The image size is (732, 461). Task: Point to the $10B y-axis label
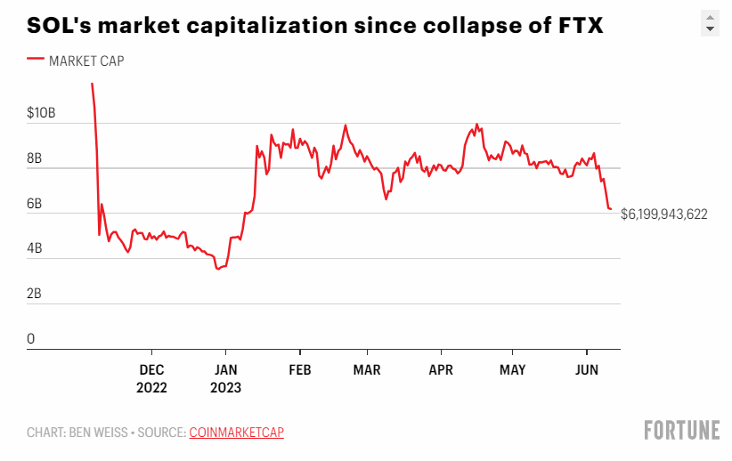(41, 114)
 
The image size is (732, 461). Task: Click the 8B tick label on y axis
(36, 159)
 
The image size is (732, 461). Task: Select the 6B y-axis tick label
(36, 205)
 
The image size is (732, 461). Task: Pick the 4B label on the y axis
(36, 249)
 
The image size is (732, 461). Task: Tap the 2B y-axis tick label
(36, 295)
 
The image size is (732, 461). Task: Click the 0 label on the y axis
(31, 339)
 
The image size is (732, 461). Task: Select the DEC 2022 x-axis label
(151, 378)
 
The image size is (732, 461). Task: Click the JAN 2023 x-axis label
(225, 378)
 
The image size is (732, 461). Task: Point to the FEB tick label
(300, 368)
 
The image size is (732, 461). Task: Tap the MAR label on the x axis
(367, 368)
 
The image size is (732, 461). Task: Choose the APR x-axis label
(441, 368)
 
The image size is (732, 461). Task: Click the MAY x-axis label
(512, 368)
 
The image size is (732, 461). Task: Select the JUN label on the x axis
(586, 368)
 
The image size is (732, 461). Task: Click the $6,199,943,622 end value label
(664, 214)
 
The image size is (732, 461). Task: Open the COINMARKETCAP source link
(236, 433)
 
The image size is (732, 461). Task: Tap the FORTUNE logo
(681, 430)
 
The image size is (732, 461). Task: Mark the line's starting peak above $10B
(92, 84)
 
